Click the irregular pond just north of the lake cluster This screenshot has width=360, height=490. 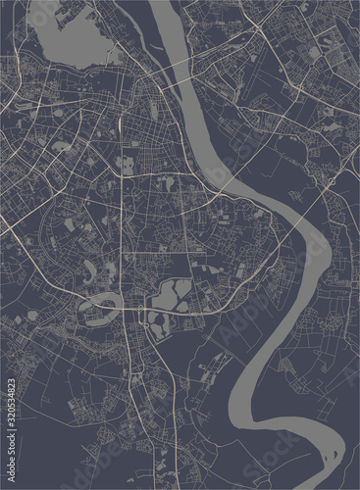[205, 265]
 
